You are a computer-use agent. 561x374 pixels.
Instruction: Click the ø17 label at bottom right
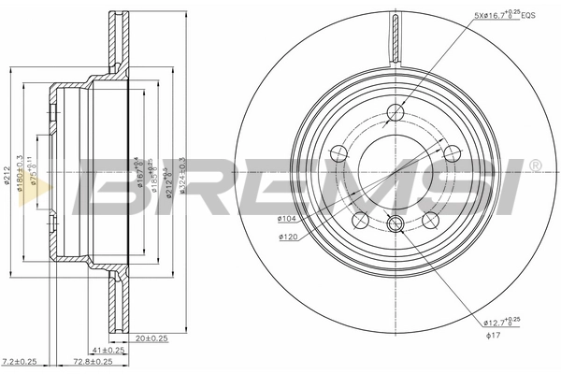(x=492, y=338)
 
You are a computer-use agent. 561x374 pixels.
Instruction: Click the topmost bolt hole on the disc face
(x=394, y=113)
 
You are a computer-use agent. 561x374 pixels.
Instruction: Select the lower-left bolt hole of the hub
(x=360, y=220)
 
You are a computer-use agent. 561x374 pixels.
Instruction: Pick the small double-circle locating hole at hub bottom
(x=394, y=223)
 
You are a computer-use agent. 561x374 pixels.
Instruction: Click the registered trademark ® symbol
(x=534, y=165)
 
